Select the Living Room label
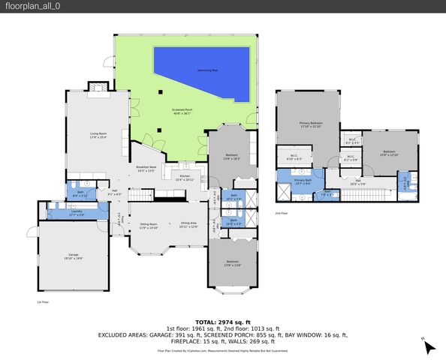[x=98, y=136]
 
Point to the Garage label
[x=72, y=256]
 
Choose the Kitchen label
[x=185, y=178]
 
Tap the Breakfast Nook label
[x=146, y=169]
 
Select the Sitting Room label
[x=149, y=226]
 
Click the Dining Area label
[x=188, y=225]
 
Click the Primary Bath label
[x=303, y=181]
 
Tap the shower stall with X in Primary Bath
[x=283, y=192]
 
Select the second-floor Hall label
[x=359, y=181]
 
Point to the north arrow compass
[x=426, y=344]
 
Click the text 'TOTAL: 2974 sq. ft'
[x=222, y=319]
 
